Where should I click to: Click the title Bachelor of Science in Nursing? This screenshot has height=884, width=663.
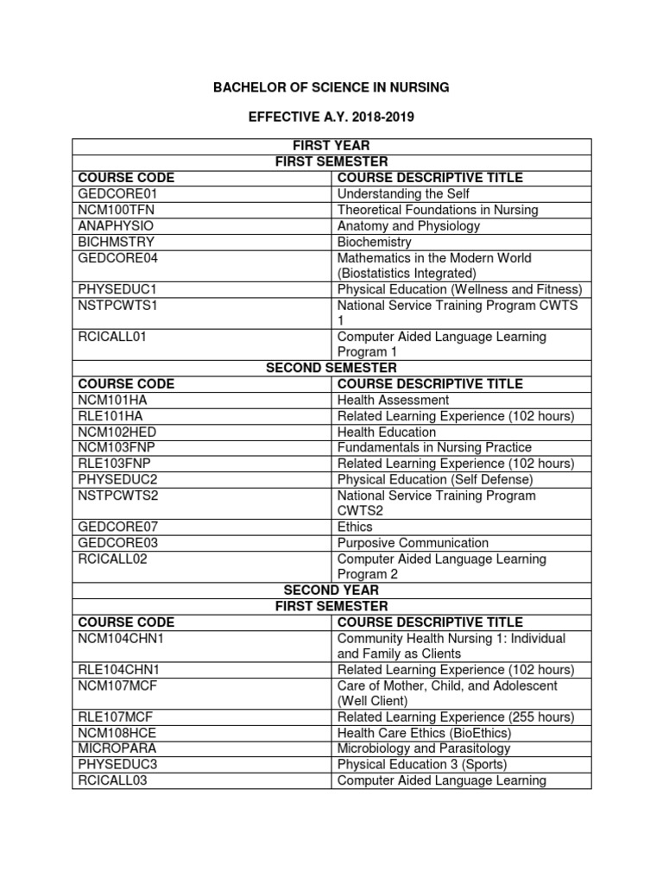pos(331,87)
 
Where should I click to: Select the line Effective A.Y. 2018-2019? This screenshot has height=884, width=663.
pos(331,116)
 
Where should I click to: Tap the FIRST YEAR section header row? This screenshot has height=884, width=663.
pos(332,146)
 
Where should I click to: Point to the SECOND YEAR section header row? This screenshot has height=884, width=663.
pos(332,590)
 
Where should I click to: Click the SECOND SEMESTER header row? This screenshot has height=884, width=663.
pos(332,368)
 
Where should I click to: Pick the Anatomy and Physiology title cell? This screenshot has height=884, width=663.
pos(408,225)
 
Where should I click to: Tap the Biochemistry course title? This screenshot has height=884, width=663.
pos(374,242)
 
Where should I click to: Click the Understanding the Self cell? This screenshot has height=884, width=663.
pos(396,193)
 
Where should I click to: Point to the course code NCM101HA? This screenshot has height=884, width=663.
pos(113,400)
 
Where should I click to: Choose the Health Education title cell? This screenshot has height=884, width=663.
pos(386,432)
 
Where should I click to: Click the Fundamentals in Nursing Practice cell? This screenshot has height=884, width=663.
pos(434,447)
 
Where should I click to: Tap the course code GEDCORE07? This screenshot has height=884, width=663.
pos(119,527)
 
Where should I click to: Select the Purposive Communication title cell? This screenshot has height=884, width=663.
pos(413,543)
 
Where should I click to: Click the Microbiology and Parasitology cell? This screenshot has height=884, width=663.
pos(423,748)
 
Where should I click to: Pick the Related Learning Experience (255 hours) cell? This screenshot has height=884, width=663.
pos(456,717)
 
